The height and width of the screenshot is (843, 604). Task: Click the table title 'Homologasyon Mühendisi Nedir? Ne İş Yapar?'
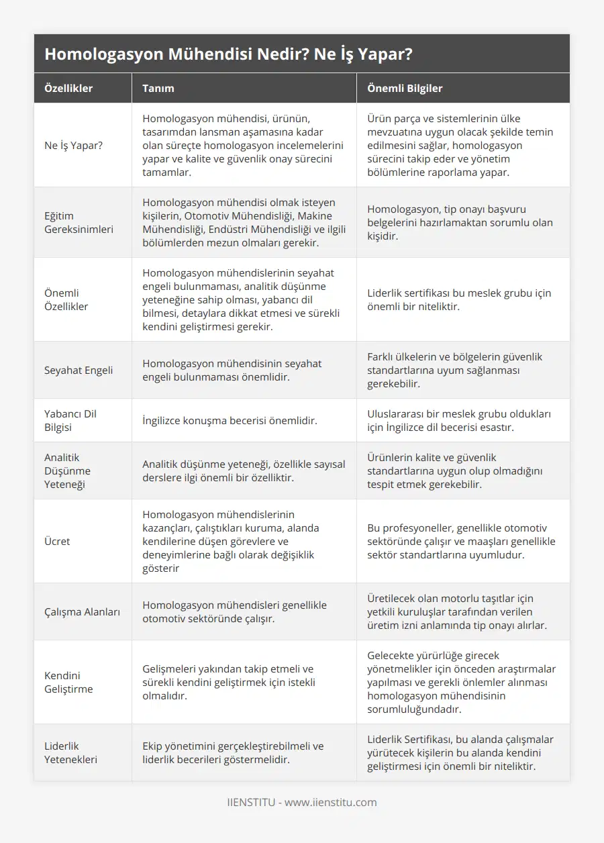[x=228, y=54]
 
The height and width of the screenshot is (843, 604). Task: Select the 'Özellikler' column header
[x=68, y=88]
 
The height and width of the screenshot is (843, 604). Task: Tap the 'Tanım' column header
[x=158, y=88]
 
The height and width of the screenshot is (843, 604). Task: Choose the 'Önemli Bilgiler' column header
[x=405, y=88]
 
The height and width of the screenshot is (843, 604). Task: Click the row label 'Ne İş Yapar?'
[x=74, y=145]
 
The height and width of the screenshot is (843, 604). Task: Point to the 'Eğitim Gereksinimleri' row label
[x=79, y=222]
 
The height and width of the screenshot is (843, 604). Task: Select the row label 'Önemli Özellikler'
[x=66, y=299]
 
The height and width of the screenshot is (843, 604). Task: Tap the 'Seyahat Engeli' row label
[x=79, y=370]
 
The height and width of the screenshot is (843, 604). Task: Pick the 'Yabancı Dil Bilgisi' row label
[x=70, y=420]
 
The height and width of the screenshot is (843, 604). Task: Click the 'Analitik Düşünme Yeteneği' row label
[x=67, y=470]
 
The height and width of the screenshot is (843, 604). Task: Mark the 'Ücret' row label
[x=57, y=541]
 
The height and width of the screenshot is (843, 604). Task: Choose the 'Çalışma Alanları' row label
[x=83, y=611]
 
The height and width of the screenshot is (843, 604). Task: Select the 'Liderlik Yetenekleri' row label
[x=71, y=752]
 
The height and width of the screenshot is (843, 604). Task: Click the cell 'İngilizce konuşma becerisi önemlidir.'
[x=230, y=420]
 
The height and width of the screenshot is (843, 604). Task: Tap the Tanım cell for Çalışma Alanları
[x=234, y=611]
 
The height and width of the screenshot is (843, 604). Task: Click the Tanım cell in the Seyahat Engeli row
[x=232, y=370]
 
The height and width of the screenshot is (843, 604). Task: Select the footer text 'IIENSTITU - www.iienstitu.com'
[x=302, y=802]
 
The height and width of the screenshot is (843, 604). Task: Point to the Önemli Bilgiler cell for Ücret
[x=462, y=541]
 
